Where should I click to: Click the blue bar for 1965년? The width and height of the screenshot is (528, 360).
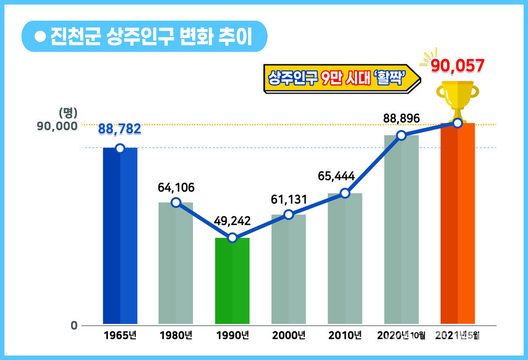(120, 237)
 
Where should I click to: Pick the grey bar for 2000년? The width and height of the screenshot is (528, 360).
(289, 269)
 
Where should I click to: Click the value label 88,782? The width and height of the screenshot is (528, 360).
(120, 129)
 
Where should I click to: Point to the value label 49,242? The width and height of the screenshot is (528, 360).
(232, 221)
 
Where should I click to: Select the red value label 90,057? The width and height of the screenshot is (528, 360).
(458, 66)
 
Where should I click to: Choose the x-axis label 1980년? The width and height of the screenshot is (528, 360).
(175, 335)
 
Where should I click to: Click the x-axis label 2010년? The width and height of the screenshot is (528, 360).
(344, 335)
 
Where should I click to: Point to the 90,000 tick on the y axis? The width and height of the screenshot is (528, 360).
(57, 126)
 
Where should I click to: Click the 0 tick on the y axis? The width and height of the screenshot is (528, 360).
(74, 325)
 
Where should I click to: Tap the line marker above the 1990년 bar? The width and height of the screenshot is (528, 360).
(232, 238)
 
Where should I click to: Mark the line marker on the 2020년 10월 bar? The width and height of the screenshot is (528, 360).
(402, 135)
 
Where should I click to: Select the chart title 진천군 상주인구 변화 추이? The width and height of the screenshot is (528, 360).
(150, 37)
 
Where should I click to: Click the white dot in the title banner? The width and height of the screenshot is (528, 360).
(39, 37)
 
